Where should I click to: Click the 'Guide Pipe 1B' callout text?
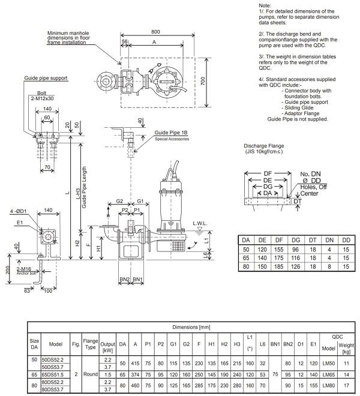pyautogui.click(x=172, y=133)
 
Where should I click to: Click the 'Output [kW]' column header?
pyautogui.click(x=108, y=346)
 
